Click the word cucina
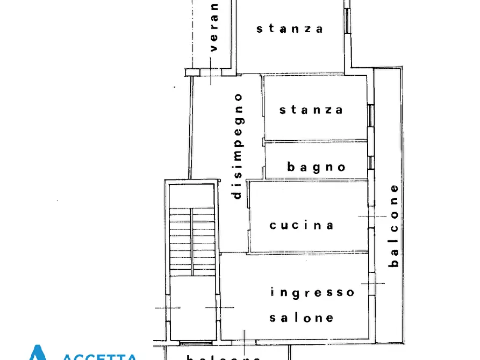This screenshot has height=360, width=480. pos(302,225)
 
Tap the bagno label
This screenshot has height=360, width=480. pos(317,167)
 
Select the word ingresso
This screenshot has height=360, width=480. pos(312,292)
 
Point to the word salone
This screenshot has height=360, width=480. pos(301,318)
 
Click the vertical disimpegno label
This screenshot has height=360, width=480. pos(238,146)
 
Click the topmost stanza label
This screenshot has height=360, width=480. pos(290,28)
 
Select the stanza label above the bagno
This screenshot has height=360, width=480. pos(311,110)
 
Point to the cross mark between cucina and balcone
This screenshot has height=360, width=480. pos(372,217)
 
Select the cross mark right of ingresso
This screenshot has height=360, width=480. pos(372,283)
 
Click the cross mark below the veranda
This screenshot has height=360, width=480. pos(211,77)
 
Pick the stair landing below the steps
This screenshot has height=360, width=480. pos(192,309)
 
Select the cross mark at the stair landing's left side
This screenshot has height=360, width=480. pos(168,308)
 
